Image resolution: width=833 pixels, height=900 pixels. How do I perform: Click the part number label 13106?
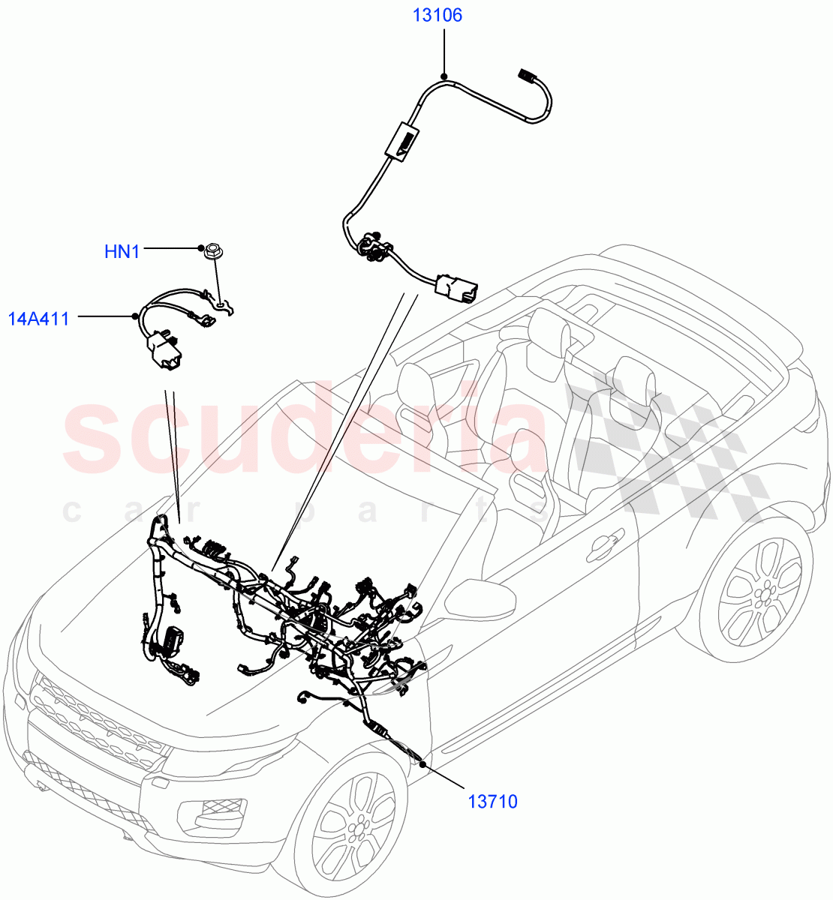pos(437,15)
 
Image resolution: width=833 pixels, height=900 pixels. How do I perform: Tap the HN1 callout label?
pos(122,251)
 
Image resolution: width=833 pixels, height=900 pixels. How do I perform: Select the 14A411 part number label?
pos(38,319)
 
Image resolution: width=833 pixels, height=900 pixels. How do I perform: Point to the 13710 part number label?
pos(492,802)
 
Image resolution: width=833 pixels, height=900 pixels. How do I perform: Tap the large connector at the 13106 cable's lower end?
pos(455,289)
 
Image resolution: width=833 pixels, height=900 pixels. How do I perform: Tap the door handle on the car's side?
pos(603,548)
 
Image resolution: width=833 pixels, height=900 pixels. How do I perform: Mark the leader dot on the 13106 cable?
pos(444,76)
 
